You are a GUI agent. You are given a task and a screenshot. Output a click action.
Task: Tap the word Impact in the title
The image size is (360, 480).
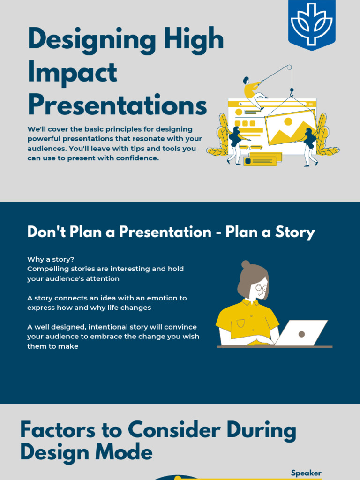(x=72, y=73)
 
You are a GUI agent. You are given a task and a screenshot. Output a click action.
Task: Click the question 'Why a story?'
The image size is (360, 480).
(x=51, y=259)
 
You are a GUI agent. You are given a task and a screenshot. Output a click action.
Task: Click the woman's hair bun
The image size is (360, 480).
(x=246, y=264)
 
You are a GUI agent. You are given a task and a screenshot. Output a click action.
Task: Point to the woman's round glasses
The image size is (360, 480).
(x=261, y=288)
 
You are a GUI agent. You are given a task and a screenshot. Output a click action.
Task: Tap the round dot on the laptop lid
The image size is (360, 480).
(x=302, y=334)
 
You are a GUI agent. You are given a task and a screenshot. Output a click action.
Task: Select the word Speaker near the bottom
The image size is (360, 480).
(x=306, y=473)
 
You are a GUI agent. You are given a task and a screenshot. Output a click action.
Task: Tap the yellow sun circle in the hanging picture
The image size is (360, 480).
(x=288, y=121)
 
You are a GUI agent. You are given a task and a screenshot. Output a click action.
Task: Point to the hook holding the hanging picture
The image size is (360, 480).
(x=291, y=92)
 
